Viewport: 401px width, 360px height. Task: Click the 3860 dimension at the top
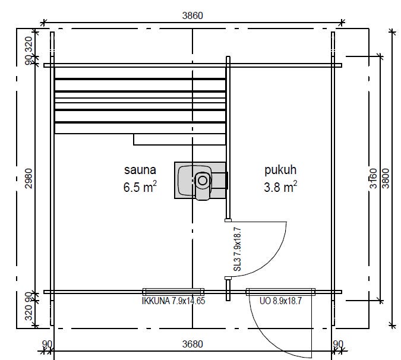click(x=192, y=15)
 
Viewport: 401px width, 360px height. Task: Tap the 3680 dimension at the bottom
click(x=192, y=344)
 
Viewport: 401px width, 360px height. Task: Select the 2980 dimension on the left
click(x=29, y=178)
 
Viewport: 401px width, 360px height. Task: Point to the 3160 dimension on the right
click(x=374, y=178)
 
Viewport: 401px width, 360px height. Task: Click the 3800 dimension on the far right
click(x=386, y=178)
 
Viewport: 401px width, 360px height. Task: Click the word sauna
click(x=140, y=170)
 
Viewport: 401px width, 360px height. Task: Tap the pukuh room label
click(x=280, y=170)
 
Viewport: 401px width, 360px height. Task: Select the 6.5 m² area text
click(x=140, y=187)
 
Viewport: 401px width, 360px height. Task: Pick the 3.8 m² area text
click(x=280, y=187)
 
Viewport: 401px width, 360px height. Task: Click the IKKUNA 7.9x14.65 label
click(x=173, y=301)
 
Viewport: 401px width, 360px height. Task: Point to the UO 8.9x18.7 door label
click(x=280, y=301)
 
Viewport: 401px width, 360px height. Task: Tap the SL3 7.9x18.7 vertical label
click(x=237, y=250)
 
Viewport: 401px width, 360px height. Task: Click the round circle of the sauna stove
click(x=203, y=181)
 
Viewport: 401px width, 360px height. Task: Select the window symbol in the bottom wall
click(x=173, y=292)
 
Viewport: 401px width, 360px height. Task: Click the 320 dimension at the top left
click(x=29, y=45)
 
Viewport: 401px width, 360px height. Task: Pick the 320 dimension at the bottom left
click(x=29, y=312)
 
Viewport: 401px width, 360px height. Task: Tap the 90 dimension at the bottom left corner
click(x=47, y=344)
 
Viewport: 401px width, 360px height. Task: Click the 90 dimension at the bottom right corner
click(x=338, y=344)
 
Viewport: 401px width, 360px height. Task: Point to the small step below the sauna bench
click(x=179, y=140)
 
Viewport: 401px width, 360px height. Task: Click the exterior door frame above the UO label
click(x=280, y=292)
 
